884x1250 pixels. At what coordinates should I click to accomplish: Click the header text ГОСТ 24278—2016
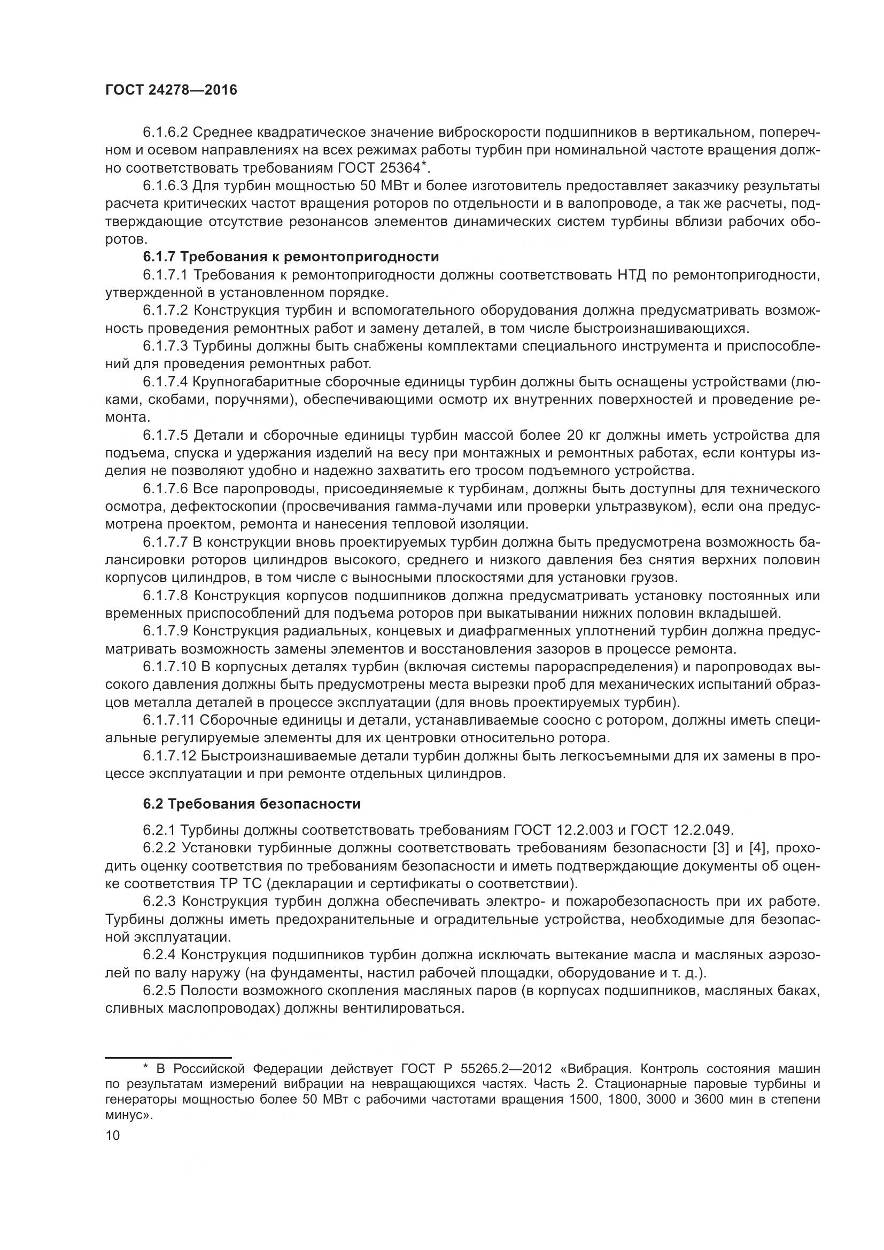coord(171,90)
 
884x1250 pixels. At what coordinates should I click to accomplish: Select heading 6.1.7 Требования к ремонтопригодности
coord(291,257)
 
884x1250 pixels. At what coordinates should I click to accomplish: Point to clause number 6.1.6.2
coord(166,132)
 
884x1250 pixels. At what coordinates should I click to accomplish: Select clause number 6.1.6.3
coord(166,185)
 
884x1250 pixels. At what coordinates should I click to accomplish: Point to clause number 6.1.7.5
coord(166,435)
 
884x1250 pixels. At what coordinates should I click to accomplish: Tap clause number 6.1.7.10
coord(169,667)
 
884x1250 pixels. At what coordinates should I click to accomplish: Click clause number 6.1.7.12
coord(169,756)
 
